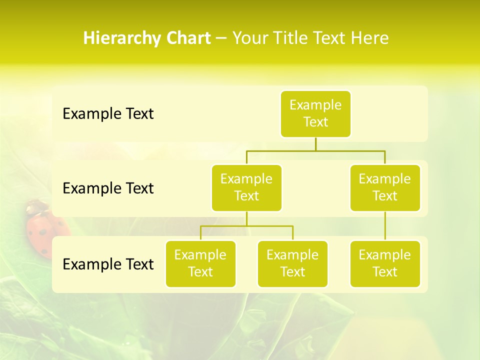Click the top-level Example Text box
click(315, 114)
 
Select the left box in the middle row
click(246, 188)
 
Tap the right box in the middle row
click(385, 188)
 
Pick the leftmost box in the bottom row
click(200, 264)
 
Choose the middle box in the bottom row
click(292, 264)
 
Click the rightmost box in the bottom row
click(385, 264)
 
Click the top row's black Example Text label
click(108, 114)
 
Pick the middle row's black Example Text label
click(108, 188)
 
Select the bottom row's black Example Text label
click(108, 264)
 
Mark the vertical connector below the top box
click(315, 144)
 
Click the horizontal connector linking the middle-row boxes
click(315, 150)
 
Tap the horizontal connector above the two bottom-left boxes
click(246, 226)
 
